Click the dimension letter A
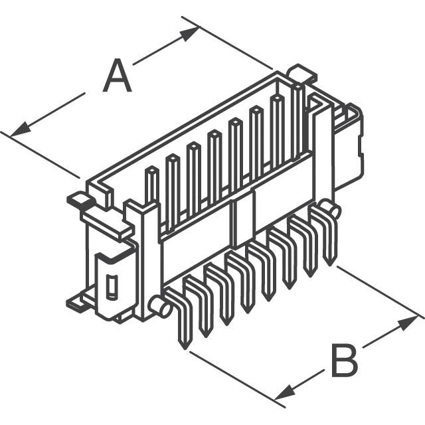(x=117, y=75)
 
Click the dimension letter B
(x=344, y=361)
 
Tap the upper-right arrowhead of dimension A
(x=190, y=33)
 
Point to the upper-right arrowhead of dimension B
(x=407, y=323)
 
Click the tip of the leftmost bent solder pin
(x=185, y=348)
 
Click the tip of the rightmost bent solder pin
(x=330, y=264)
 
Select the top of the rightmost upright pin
(x=298, y=87)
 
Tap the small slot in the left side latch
(x=112, y=288)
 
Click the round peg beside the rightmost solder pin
(x=329, y=208)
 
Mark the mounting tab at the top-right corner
(x=302, y=72)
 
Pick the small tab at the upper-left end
(x=79, y=200)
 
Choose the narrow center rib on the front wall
(x=235, y=224)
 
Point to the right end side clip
(x=349, y=146)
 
